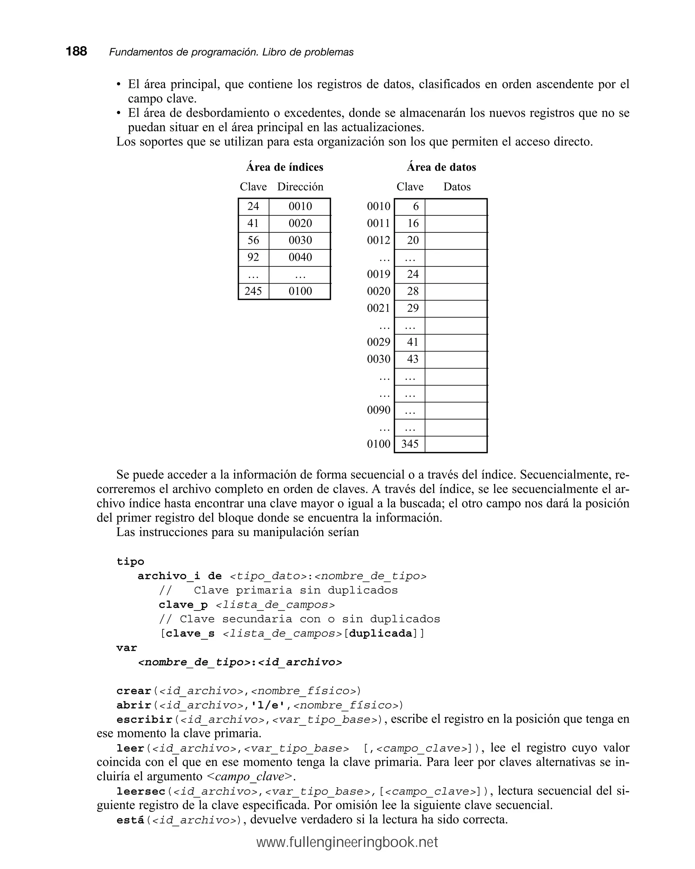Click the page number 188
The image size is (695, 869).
point(76,51)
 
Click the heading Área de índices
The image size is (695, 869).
point(285,167)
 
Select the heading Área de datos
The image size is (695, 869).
point(441,167)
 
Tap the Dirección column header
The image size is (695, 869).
point(300,187)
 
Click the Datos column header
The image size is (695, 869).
point(457,187)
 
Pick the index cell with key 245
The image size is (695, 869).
point(253,291)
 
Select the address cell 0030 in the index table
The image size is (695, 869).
point(300,240)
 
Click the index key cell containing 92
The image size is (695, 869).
point(253,257)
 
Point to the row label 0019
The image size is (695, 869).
point(378,274)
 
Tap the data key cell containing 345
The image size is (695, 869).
point(410,444)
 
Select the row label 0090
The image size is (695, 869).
point(378,410)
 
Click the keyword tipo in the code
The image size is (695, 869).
point(130,562)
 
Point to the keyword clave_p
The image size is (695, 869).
point(183,605)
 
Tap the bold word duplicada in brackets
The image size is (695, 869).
point(380,633)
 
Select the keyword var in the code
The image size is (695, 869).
point(127,648)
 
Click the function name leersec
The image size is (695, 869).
point(141,791)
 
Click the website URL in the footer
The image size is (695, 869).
point(347,842)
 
